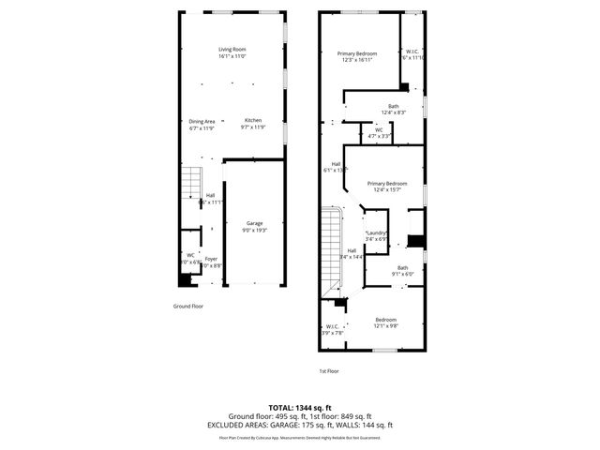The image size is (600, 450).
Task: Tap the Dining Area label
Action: point(202,121)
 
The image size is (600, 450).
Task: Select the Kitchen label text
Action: point(253,121)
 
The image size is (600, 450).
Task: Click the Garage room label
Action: point(255,223)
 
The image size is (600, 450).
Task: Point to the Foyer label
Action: point(212,259)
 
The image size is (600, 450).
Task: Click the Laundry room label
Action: point(376,232)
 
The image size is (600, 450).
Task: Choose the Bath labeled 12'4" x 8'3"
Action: point(394,107)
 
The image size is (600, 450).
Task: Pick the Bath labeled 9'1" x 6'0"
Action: point(402,268)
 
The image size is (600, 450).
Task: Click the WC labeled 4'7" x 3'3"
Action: point(379,130)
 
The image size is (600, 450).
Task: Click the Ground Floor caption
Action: point(187,306)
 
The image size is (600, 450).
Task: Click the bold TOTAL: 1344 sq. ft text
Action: point(300,408)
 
